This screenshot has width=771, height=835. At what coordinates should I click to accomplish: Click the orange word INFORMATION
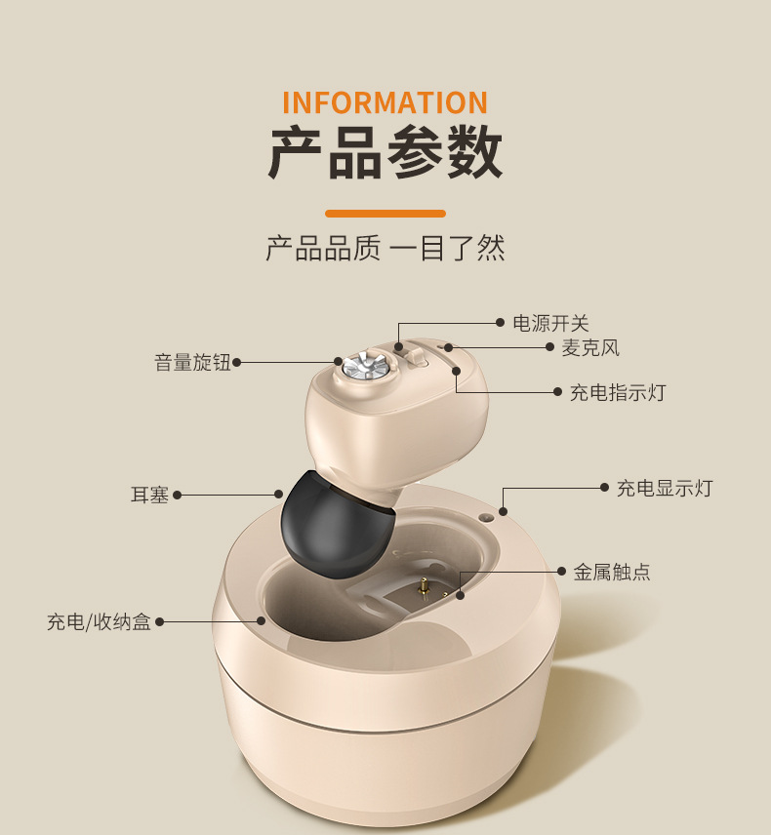pyautogui.click(x=385, y=102)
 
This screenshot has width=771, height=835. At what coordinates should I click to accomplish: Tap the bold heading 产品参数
pyautogui.click(x=385, y=153)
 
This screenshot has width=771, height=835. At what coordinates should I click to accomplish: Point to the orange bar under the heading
pyautogui.click(x=385, y=213)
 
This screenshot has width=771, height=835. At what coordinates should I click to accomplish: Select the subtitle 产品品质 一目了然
pyautogui.click(x=385, y=248)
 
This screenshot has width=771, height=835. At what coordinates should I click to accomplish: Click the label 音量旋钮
pyautogui.click(x=192, y=363)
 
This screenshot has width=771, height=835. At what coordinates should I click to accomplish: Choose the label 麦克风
pyautogui.click(x=589, y=348)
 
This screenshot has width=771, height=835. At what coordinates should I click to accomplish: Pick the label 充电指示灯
pyautogui.click(x=617, y=392)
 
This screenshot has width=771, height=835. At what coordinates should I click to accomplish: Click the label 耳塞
pyautogui.click(x=149, y=495)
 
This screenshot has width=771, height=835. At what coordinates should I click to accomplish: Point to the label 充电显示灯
pyautogui.click(x=664, y=488)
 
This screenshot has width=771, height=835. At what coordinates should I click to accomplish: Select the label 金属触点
pyautogui.click(x=611, y=572)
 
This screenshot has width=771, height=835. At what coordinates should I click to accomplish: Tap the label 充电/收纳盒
pyautogui.click(x=99, y=621)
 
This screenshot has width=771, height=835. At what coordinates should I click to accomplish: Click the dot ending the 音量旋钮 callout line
pyautogui.click(x=237, y=363)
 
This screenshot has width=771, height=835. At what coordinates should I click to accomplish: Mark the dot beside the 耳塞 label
pyautogui.click(x=178, y=495)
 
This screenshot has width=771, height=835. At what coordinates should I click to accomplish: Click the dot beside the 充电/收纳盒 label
pyautogui.click(x=160, y=621)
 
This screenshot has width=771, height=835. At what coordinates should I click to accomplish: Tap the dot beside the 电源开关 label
pyautogui.click(x=501, y=323)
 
